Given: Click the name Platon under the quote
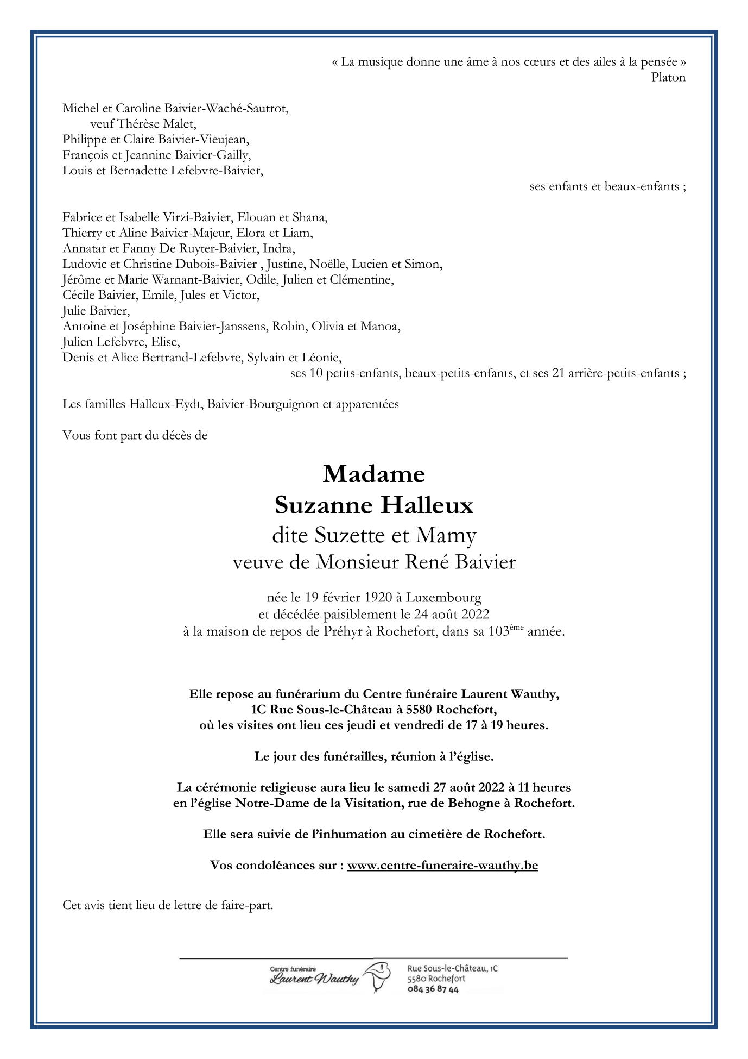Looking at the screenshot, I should pos(668,77).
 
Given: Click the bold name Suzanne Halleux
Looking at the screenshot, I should pos(374,505).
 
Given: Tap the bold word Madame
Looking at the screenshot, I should pos(374,474).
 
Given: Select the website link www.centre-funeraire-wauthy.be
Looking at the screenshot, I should pos(442,865).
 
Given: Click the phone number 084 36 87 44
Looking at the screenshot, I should pos(433,989).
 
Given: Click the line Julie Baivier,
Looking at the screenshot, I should pos(97,311).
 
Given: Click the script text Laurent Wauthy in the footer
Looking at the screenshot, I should pos(314,979).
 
